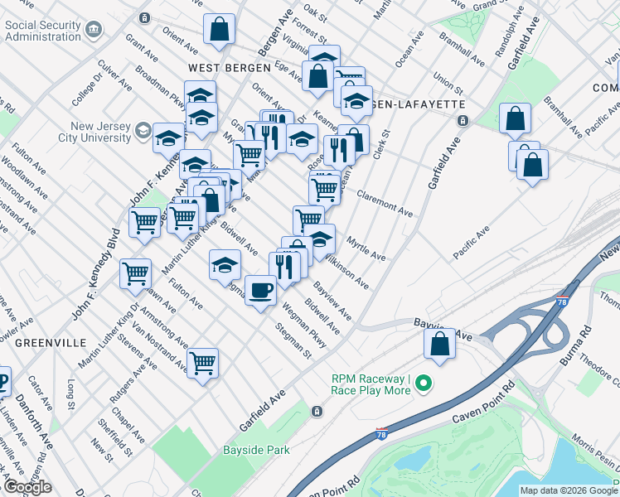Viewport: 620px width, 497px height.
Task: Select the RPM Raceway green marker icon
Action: click(424, 384)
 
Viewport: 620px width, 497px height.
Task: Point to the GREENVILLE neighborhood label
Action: click(51, 342)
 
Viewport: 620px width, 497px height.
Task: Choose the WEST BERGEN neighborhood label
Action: click(229, 67)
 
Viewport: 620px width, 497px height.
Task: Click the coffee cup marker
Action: click(261, 291)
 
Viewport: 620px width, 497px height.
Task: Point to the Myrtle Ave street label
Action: click(367, 249)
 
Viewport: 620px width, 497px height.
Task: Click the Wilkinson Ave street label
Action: click(346, 273)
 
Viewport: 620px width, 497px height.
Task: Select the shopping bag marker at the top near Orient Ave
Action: click(220, 30)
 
